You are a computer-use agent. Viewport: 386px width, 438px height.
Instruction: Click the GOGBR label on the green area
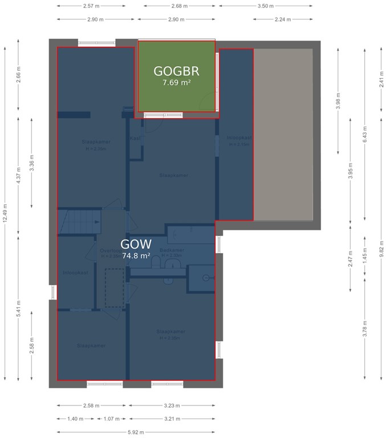(176, 71)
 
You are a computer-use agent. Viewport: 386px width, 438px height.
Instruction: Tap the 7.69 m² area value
(176, 83)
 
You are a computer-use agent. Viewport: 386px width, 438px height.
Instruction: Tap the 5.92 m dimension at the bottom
(136, 432)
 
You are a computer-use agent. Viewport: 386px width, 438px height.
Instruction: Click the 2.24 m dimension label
(283, 19)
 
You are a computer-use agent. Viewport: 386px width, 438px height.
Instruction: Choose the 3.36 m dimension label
(32, 164)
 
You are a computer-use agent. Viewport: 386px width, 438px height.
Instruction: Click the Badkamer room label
(172, 250)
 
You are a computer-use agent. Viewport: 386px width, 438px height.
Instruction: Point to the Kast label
(135, 139)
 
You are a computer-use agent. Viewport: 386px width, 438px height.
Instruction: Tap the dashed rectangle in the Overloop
(113, 287)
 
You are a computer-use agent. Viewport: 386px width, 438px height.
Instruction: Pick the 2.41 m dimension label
(380, 80)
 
